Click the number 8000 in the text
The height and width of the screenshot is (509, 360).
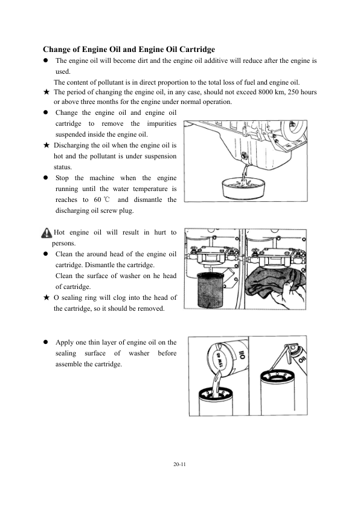click(x=266, y=92)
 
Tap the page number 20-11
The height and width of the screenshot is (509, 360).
click(x=179, y=464)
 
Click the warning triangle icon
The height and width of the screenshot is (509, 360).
click(x=47, y=233)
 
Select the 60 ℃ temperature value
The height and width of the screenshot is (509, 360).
click(x=102, y=199)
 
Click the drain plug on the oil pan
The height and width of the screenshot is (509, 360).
click(x=244, y=157)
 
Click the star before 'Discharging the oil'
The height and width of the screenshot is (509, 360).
click(x=47, y=145)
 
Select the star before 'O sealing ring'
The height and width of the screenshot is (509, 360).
click(x=47, y=297)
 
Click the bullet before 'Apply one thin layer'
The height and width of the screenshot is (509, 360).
click(x=46, y=342)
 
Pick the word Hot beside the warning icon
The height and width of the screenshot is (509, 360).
click(x=59, y=232)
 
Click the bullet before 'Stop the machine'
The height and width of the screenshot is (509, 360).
click(x=46, y=178)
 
